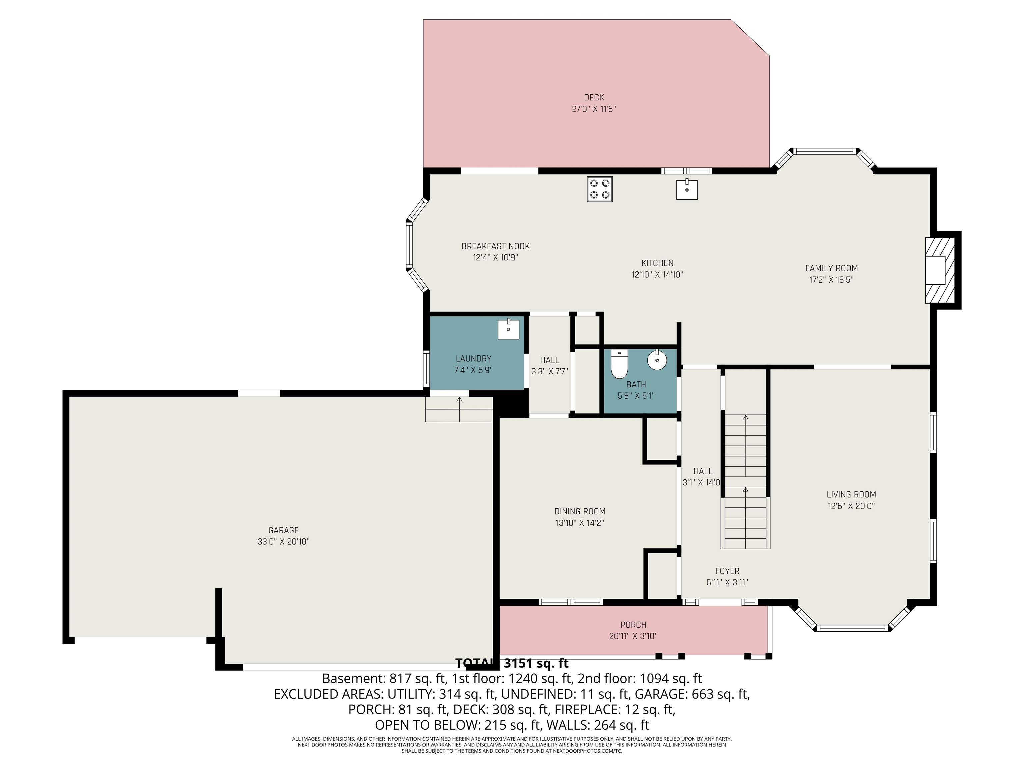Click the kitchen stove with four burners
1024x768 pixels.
coord(599,189)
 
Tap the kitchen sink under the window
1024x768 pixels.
coord(687,189)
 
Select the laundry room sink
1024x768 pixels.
coord(508,329)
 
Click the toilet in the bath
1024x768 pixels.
coord(619,364)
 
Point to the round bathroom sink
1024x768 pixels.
coord(657,360)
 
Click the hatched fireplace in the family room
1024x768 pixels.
coord(940,270)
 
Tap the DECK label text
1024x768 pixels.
coord(594,98)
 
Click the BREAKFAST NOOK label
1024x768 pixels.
coord(495,246)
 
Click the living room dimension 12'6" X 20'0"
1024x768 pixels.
coord(851,506)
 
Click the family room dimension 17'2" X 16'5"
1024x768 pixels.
coord(831,280)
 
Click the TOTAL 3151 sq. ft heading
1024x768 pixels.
coord(512,663)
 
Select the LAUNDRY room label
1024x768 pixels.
coord(473,359)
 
